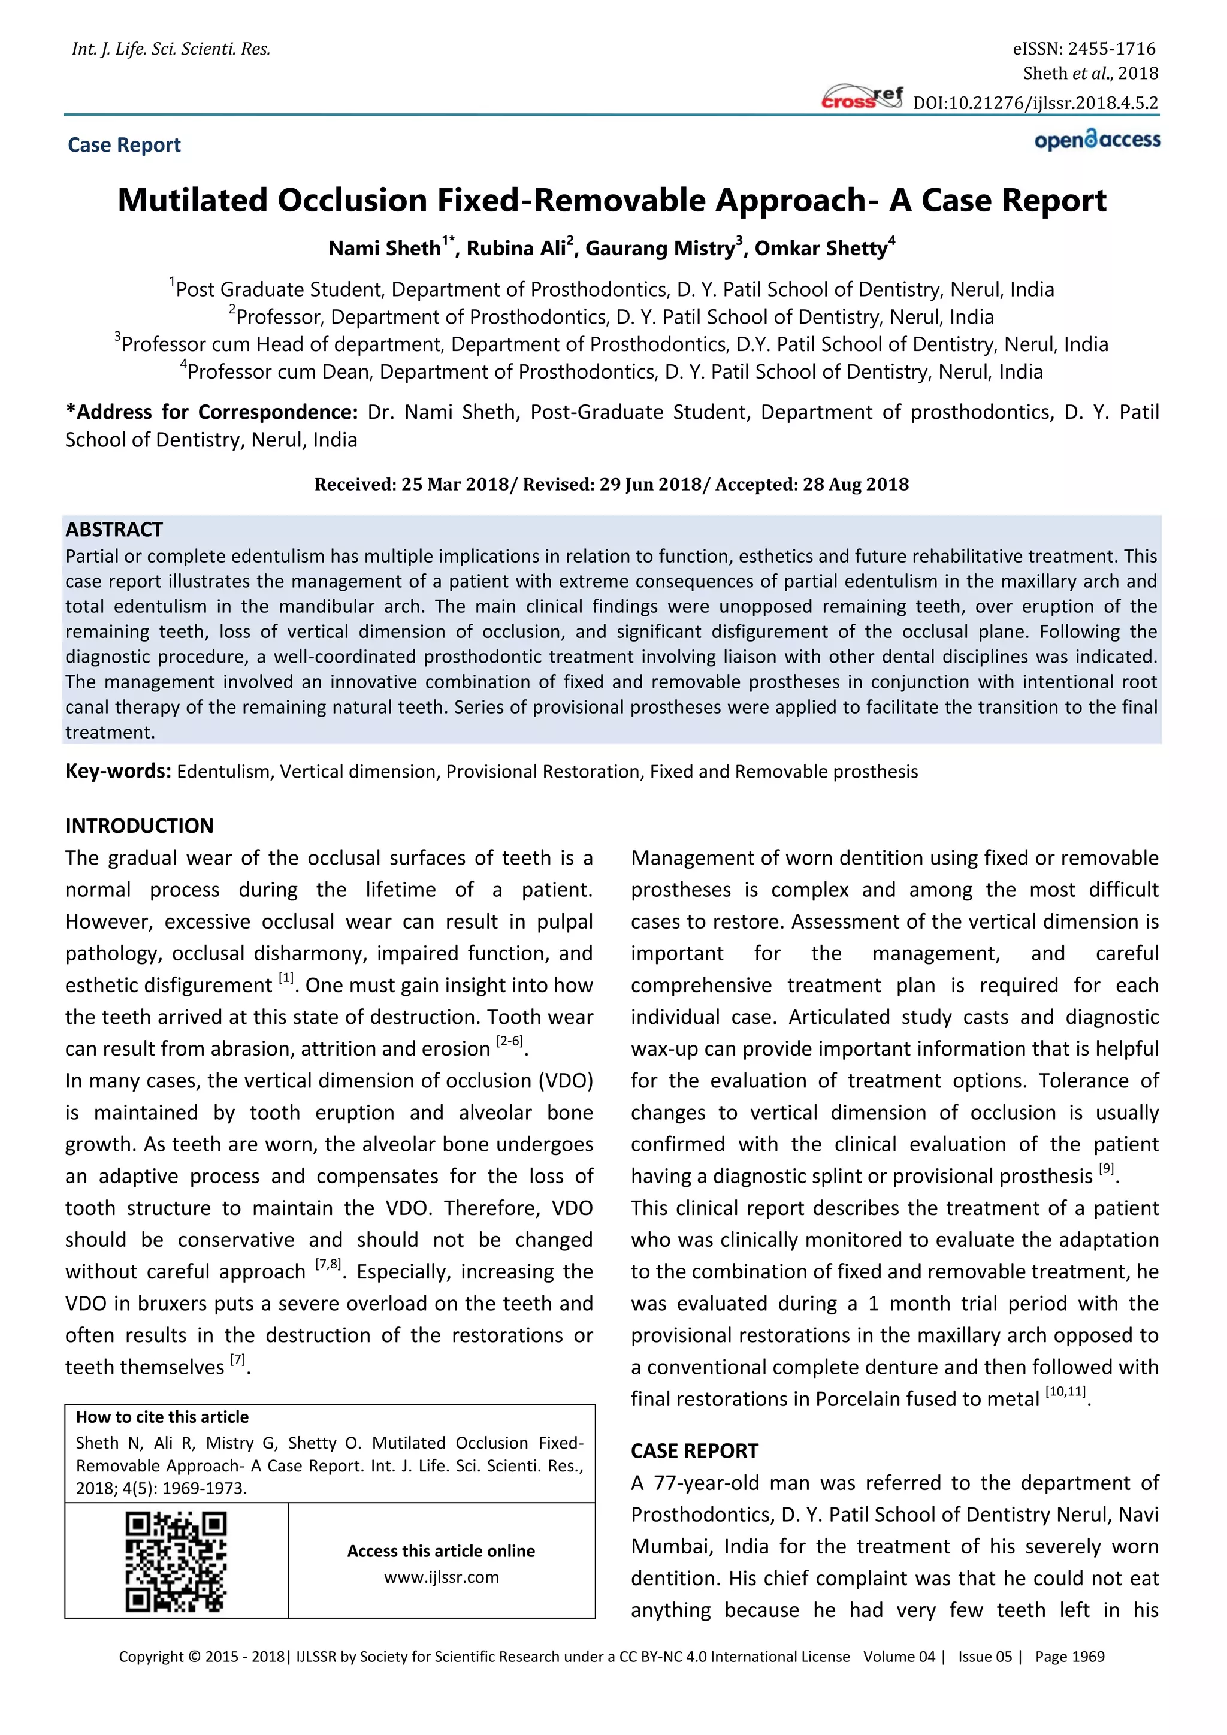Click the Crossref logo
862,98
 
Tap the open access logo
1097,141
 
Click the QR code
176,1561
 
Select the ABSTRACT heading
114,529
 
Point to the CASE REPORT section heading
694,1451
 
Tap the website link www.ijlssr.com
441,1577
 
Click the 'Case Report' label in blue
124,145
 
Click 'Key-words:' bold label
119,771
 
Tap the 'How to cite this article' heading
162,1417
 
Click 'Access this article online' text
441,1550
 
